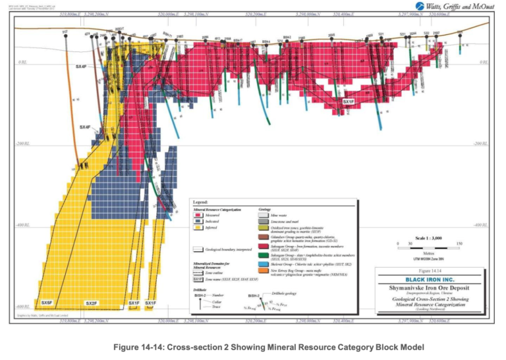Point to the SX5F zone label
coord(46,303)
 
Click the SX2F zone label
coord(92,303)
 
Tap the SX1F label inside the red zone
coord(349,102)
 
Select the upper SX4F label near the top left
coord(81,67)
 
